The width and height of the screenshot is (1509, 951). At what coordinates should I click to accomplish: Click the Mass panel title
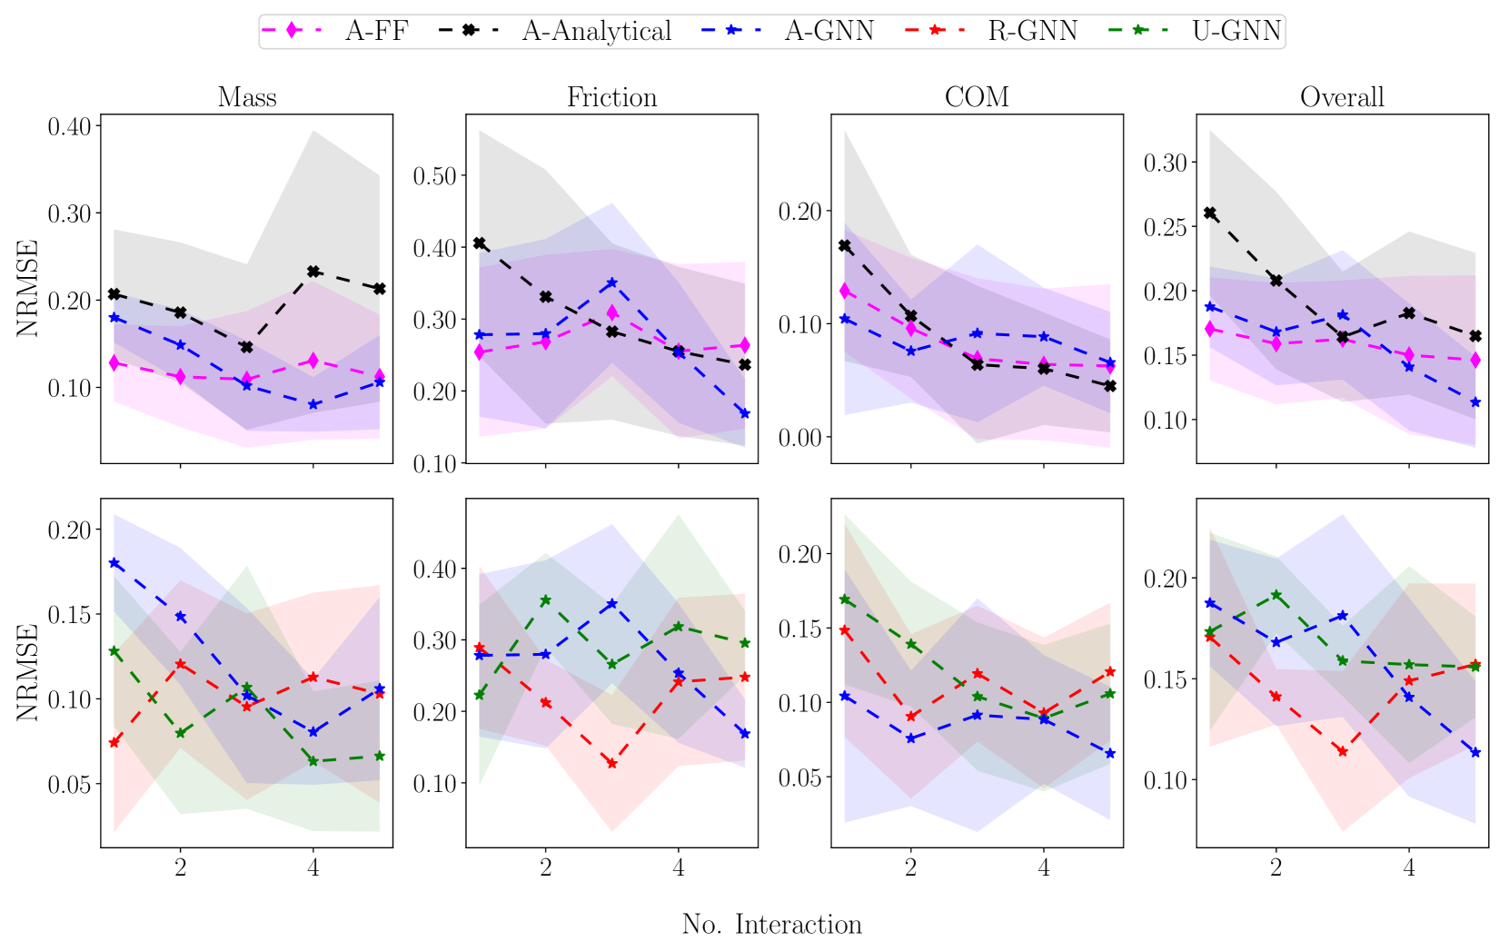pyautogui.click(x=247, y=97)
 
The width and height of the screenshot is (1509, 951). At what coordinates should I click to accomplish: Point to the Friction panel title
pyautogui.click(x=611, y=97)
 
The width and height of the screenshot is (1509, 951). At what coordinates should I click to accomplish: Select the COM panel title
pyautogui.click(x=977, y=97)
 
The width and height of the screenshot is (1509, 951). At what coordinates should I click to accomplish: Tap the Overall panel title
pyautogui.click(x=1342, y=97)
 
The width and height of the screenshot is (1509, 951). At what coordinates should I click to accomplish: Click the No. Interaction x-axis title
pyautogui.click(x=771, y=925)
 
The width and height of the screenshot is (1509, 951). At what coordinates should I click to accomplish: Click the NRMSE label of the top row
pyautogui.click(x=28, y=288)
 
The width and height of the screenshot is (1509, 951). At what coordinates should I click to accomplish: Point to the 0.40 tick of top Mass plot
pyautogui.click(x=70, y=126)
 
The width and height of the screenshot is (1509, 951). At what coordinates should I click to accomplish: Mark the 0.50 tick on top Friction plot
pyautogui.click(x=434, y=175)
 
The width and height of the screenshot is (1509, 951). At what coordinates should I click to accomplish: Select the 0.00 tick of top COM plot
pyautogui.click(x=799, y=438)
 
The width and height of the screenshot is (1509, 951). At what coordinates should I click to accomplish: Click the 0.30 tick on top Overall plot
pyautogui.click(x=1165, y=163)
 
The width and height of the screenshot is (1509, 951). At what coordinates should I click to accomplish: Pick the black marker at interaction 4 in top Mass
pyautogui.click(x=313, y=272)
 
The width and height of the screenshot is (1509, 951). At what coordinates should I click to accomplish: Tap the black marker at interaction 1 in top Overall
pyautogui.click(x=1209, y=213)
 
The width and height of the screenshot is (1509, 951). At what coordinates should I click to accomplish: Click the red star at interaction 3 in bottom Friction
pyautogui.click(x=611, y=763)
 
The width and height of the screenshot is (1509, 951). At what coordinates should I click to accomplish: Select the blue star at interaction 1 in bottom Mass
pyautogui.click(x=114, y=563)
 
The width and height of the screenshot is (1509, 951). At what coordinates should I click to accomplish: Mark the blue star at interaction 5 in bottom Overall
pyautogui.click(x=1475, y=752)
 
